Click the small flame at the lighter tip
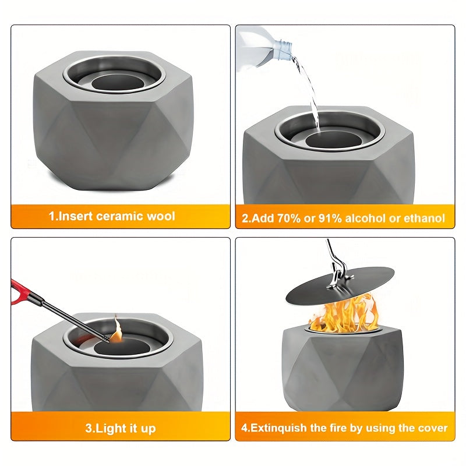(x=116, y=330)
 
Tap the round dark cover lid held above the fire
(x=340, y=285)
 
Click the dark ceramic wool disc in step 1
(x=118, y=82)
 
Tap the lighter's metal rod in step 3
(x=73, y=318)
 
